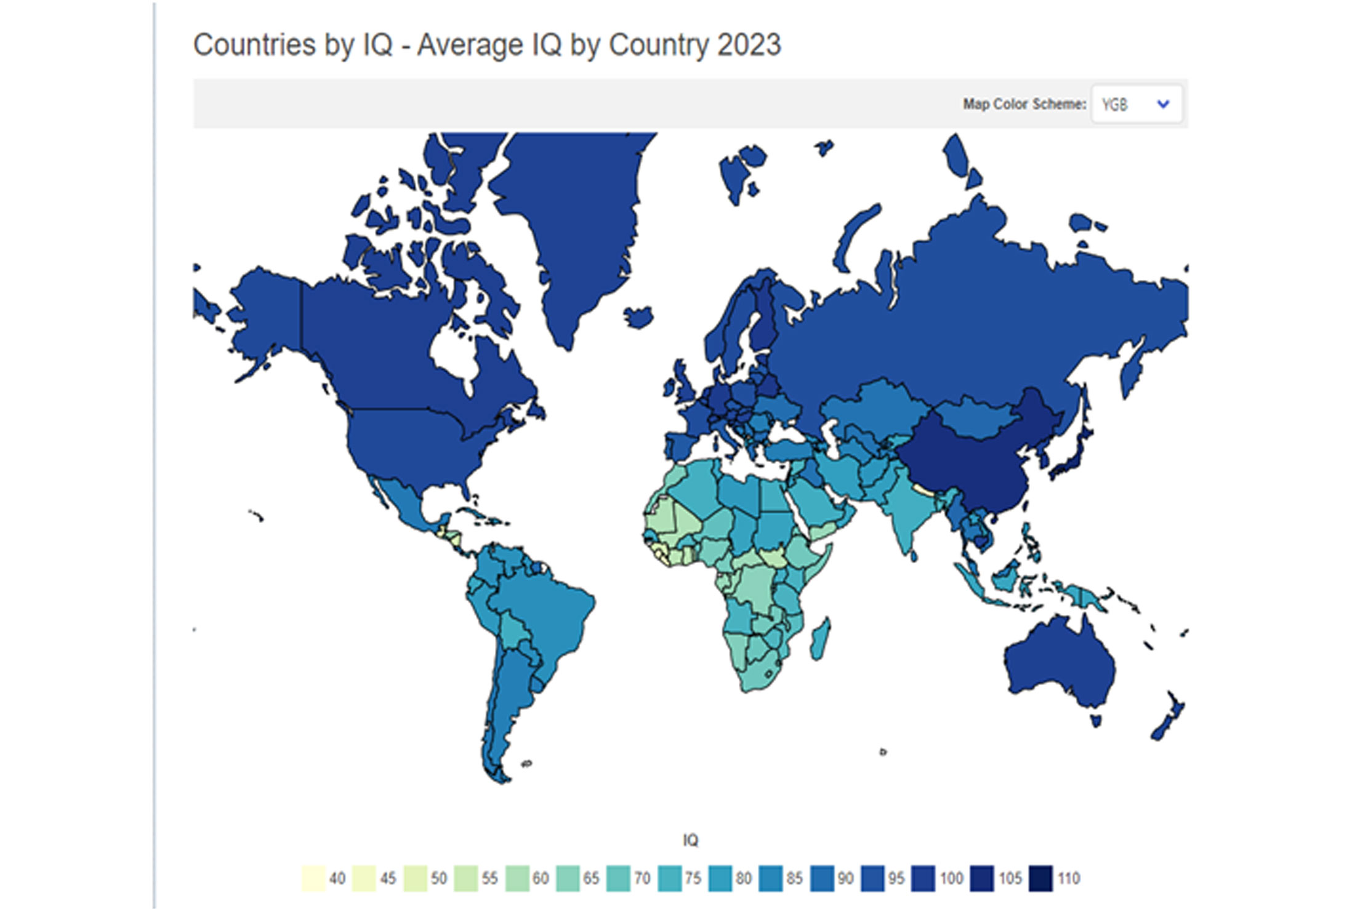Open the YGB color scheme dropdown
[1136, 105]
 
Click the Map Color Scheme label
[1024, 105]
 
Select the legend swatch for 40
[313, 878]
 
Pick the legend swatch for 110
[1040, 878]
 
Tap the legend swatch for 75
[669, 878]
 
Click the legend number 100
[951, 878]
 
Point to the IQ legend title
[690, 840]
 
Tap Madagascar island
[820, 640]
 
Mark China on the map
[967, 468]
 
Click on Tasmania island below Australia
[1096, 719]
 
